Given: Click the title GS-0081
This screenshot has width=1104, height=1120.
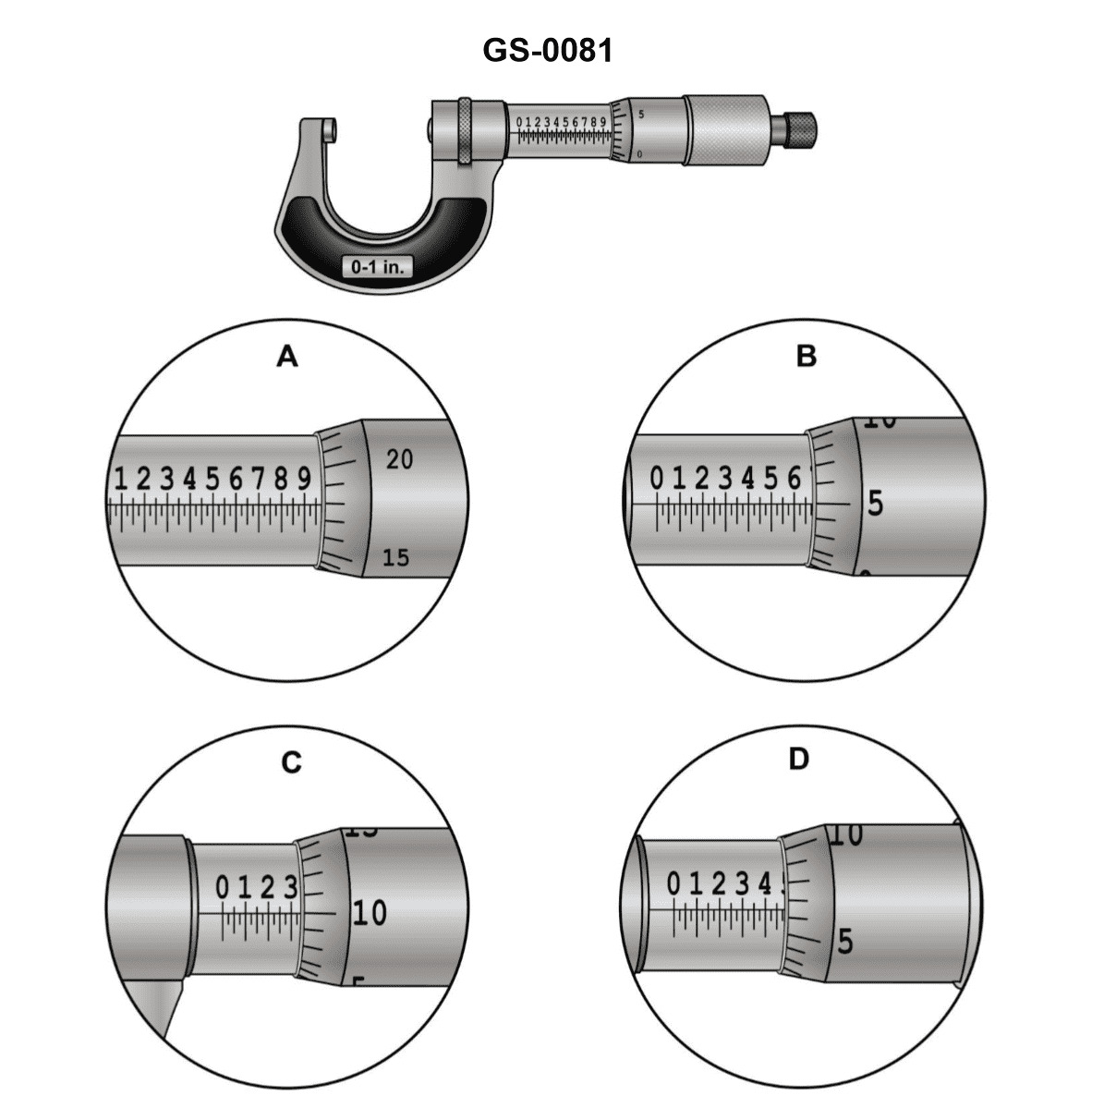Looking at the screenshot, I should click(548, 50).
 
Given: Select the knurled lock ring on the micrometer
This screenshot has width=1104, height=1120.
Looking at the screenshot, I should click(465, 132).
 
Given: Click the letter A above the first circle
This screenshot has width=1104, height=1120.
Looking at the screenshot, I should click(288, 356).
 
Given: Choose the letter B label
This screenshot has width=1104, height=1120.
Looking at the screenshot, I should click(807, 356).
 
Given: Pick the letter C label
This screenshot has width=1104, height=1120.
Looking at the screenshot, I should click(291, 762).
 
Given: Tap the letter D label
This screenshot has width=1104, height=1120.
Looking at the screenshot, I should click(799, 760).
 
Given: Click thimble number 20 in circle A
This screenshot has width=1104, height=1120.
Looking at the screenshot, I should click(399, 459).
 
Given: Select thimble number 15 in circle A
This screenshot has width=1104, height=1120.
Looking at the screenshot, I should click(395, 558).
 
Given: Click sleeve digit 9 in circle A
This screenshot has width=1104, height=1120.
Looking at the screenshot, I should click(304, 479).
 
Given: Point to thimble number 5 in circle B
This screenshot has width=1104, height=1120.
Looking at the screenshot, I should click(875, 504).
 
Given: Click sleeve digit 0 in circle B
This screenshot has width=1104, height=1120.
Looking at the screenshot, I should click(657, 479).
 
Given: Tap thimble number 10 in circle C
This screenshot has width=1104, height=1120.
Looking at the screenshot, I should click(370, 913).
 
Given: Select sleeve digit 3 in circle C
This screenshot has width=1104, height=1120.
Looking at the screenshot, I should click(290, 888).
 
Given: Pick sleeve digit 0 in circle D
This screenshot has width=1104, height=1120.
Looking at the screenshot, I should click(673, 884).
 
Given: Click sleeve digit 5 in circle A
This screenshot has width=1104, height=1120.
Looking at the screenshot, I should click(212, 479).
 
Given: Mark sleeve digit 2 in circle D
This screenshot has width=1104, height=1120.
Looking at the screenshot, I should click(719, 884).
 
